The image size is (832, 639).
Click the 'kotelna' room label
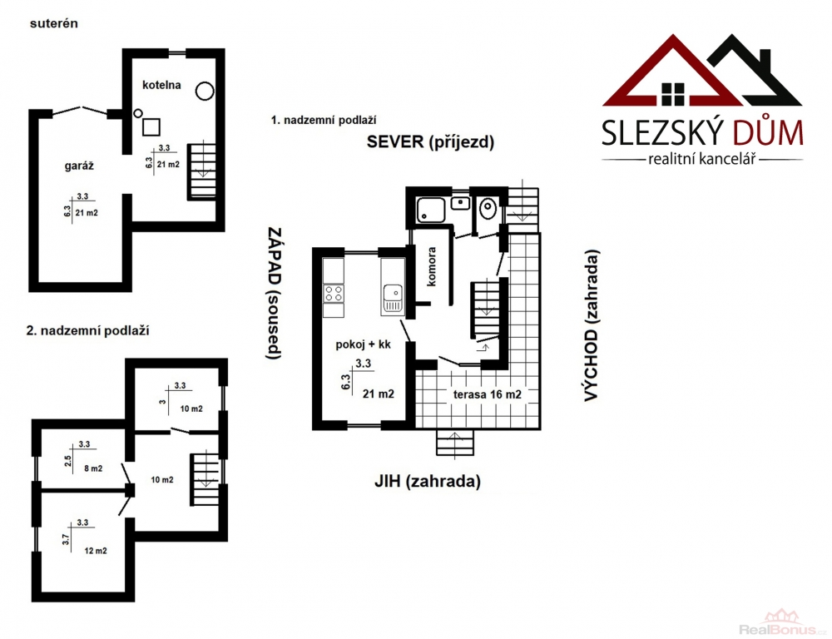click(161, 85)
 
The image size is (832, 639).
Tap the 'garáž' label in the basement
click(79, 166)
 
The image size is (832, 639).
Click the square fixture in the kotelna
click(151, 126)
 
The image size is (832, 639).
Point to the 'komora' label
click(431, 266)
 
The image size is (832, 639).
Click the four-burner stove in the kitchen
click(334, 294)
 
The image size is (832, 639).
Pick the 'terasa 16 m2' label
click(487, 394)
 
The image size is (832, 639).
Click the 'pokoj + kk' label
click(363, 344)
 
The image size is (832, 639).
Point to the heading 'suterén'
click(54, 23)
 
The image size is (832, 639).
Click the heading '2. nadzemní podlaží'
click(87, 330)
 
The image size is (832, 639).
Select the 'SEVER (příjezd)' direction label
click(430, 142)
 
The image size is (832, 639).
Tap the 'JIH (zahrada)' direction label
click(427, 482)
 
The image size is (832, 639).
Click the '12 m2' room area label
click(96, 551)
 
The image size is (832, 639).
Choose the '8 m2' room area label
click(93, 468)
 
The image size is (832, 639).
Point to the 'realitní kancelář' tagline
click(702, 159)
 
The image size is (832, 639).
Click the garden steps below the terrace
click(455, 443)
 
